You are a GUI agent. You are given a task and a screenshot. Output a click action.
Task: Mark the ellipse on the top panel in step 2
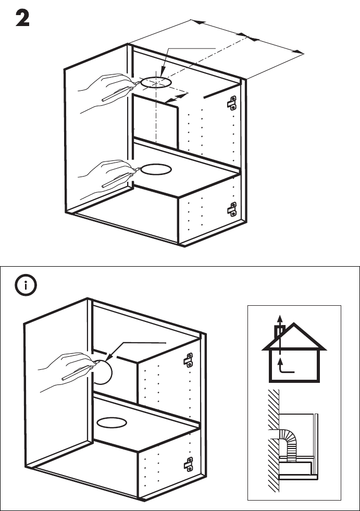click(x=156, y=82)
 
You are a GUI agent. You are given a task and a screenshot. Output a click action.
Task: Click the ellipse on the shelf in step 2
click(x=156, y=170)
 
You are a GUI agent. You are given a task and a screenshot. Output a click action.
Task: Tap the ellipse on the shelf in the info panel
click(x=114, y=421)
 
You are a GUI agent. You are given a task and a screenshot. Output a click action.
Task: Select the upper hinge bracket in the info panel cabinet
click(x=189, y=359)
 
